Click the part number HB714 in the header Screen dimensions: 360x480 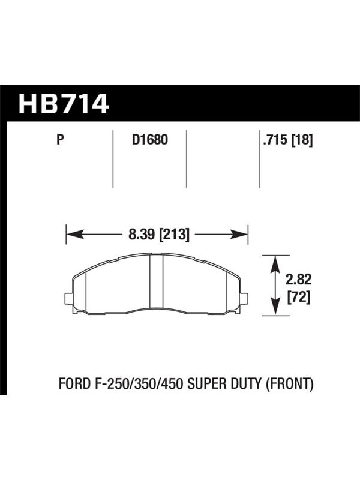[x=64, y=104]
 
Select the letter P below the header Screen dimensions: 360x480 [x=61, y=140]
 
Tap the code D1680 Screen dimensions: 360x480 [x=150, y=140]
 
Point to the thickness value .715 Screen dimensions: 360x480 [x=275, y=140]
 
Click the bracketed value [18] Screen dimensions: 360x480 [x=302, y=140]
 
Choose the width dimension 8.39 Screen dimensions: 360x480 [x=142, y=235]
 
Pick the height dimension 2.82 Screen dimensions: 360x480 [x=298, y=280]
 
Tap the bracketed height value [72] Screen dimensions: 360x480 [x=299, y=296]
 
